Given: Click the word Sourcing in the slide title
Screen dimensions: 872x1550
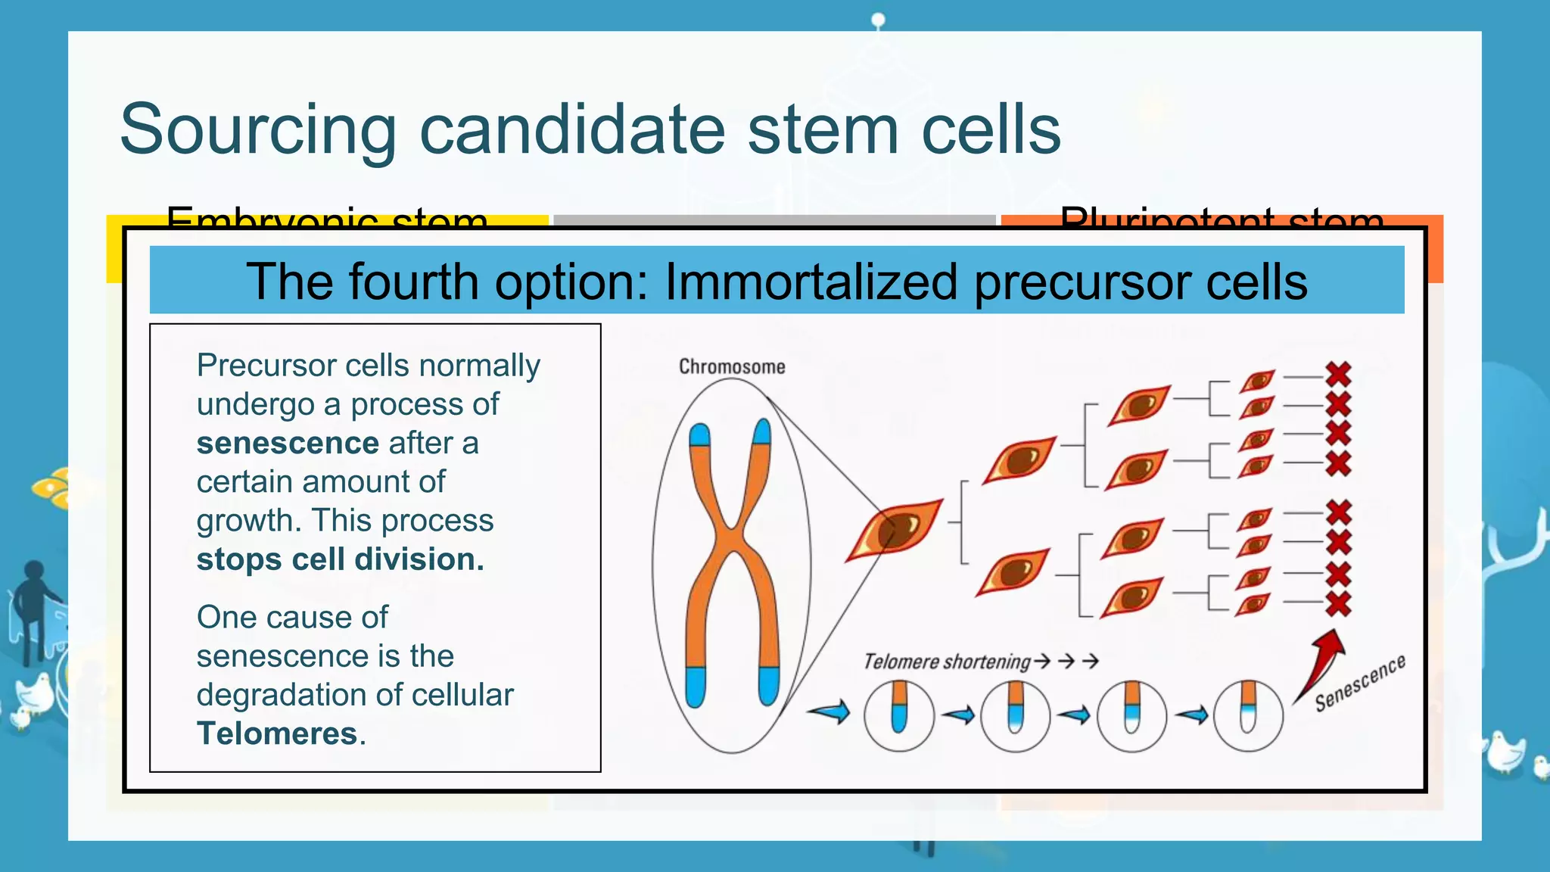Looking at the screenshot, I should pyautogui.click(x=257, y=130).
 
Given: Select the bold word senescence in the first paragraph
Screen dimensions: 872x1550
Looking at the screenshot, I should pyautogui.click(x=287, y=443).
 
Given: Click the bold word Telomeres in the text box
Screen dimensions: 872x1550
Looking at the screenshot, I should pyautogui.click(x=277, y=733).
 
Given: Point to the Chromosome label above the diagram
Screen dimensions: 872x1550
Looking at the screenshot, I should pyautogui.click(x=731, y=367).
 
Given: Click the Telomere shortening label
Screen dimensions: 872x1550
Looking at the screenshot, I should pyautogui.click(x=947, y=662).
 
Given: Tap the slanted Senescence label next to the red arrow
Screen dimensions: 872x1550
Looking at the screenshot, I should pyautogui.click(x=1359, y=684).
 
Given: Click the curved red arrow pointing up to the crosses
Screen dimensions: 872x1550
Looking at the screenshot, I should pyautogui.click(x=1321, y=662).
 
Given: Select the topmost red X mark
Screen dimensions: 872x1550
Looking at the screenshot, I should pyautogui.click(x=1338, y=374).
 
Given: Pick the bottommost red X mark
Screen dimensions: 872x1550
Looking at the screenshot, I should pyautogui.click(x=1338, y=603).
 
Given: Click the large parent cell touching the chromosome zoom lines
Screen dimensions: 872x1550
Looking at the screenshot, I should pyautogui.click(x=895, y=529).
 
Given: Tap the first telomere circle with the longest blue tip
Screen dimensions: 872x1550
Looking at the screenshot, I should pyautogui.click(x=898, y=715).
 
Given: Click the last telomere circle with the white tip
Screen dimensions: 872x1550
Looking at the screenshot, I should pyautogui.click(x=1248, y=715).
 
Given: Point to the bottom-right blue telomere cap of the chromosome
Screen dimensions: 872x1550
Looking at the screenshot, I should pyautogui.click(x=768, y=684).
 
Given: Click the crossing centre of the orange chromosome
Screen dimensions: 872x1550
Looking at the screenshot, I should pyautogui.click(x=732, y=539).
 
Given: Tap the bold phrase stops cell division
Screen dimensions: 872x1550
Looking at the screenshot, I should pyautogui.click(x=340, y=559).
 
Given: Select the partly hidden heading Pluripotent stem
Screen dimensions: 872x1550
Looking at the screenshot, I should pyautogui.click(x=1222, y=219).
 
